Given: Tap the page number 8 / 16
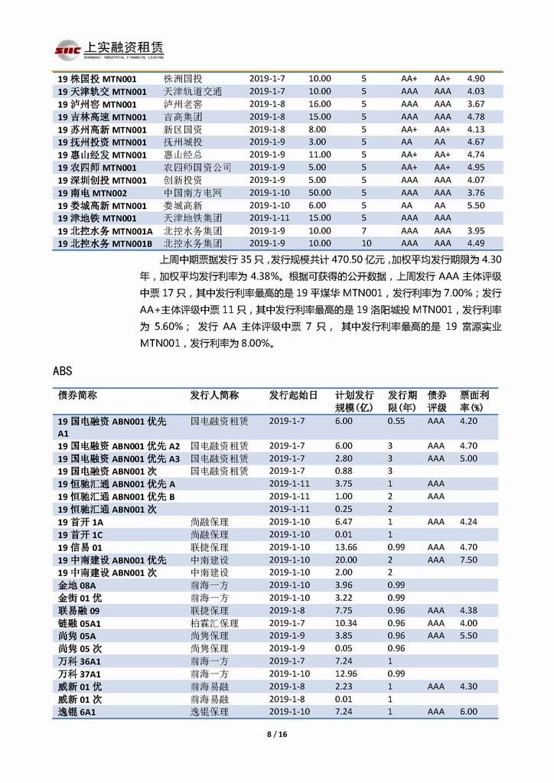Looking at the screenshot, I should click(x=276, y=734).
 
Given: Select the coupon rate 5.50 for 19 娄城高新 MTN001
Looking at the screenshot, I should click(x=475, y=206).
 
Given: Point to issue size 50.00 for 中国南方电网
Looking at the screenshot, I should click(x=320, y=193).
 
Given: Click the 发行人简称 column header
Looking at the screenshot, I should click(x=214, y=396).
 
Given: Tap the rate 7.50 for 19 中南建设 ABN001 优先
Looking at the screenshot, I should click(x=468, y=560).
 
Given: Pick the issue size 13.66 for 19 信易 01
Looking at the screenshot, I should click(x=346, y=547).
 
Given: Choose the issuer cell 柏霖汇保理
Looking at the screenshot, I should click(x=214, y=623).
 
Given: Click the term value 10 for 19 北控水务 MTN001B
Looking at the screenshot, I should click(x=365, y=243).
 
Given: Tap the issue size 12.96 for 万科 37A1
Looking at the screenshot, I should click(x=346, y=674).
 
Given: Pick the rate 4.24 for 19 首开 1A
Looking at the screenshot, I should click(x=468, y=522).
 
